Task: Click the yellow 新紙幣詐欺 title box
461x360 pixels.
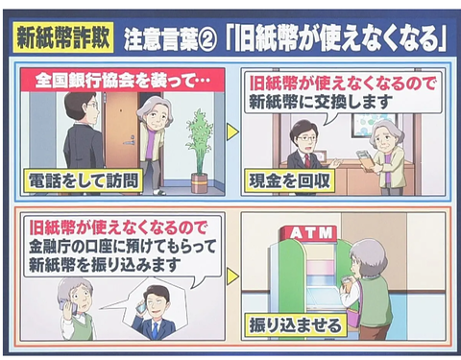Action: point(63,37)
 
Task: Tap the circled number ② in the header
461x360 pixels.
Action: point(207,40)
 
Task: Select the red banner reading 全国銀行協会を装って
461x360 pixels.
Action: point(123,80)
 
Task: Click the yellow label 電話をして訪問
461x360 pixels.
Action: point(84,181)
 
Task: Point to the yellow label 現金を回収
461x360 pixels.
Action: point(289,181)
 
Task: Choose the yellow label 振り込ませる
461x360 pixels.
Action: point(296,325)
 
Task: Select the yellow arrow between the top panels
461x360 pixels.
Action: point(232,132)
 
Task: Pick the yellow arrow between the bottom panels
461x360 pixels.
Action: point(233,276)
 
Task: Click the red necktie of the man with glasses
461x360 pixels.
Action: point(307,160)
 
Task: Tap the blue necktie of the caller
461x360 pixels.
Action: point(156,330)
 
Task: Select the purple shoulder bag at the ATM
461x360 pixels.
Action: point(352,317)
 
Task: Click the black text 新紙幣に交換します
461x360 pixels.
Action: point(321,102)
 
